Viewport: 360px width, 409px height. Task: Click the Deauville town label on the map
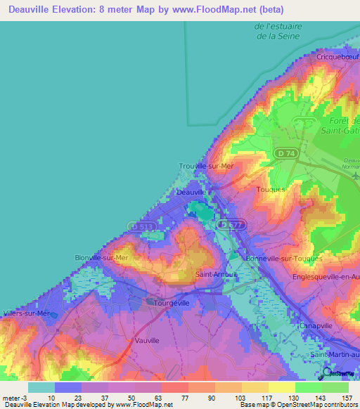(191, 191)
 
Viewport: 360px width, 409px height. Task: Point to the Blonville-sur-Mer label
(103, 258)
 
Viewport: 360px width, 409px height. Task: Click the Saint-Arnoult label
(214, 274)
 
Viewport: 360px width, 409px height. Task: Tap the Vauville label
(147, 340)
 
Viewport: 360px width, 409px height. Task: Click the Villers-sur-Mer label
(27, 313)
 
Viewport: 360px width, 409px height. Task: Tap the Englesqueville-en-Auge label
(326, 277)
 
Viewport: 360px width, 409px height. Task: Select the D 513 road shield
(139, 226)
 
